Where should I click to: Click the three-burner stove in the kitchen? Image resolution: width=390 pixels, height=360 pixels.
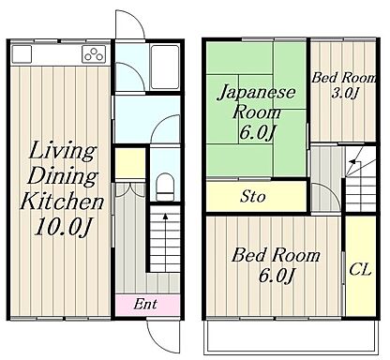(94, 53)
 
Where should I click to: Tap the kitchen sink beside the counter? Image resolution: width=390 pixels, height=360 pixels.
(22, 53)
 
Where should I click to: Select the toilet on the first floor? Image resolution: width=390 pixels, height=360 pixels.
(165, 187)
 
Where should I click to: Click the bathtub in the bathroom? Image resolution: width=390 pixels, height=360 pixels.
(164, 67)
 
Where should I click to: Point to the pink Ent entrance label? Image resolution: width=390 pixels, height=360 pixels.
(145, 304)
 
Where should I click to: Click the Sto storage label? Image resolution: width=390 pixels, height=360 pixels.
(253, 197)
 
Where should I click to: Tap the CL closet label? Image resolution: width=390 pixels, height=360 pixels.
(360, 269)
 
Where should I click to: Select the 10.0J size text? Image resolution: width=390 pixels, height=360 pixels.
(64, 226)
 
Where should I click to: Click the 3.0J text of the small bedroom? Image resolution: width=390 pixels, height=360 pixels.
(344, 93)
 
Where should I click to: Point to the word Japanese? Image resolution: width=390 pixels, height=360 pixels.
(257, 93)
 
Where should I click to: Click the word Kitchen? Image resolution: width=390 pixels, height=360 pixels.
(62, 202)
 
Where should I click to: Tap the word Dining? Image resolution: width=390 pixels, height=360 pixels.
(63, 176)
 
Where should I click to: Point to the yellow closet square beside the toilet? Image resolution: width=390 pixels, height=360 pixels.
(130, 163)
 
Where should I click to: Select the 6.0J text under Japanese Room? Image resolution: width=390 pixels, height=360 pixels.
(257, 133)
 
